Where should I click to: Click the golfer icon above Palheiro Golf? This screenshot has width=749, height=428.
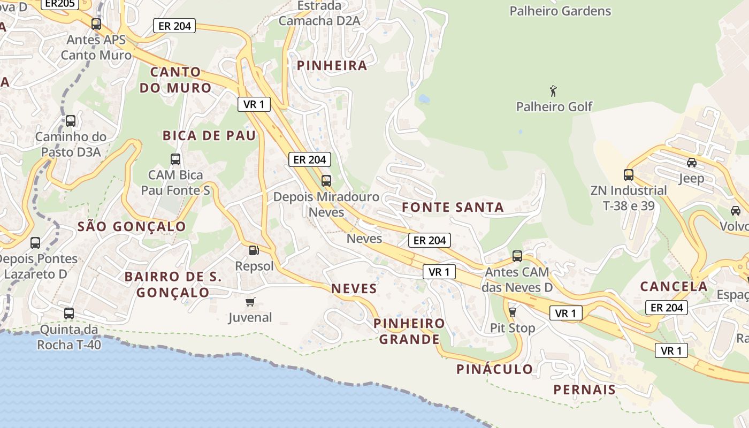click(x=553, y=91)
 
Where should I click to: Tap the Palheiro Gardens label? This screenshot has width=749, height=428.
click(x=560, y=11)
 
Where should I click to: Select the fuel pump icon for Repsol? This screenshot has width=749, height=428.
click(x=254, y=250)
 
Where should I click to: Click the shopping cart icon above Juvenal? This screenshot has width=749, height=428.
click(x=250, y=302)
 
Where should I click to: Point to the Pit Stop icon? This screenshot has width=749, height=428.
click(x=512, y=312)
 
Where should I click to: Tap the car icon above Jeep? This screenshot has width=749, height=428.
click(x=691, y=163)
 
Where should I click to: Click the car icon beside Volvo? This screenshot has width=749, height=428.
click(x=736, y=211)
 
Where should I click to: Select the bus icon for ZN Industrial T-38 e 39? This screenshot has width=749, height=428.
click(x=628, y=174)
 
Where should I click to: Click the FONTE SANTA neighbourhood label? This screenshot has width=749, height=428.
click(x=453, y=208)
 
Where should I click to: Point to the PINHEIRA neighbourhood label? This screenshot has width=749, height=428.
click(x=332, y=66)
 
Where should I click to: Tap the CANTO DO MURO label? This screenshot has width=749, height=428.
click(x=175, y=80)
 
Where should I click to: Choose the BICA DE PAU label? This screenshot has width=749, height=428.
click(x=210, y=136)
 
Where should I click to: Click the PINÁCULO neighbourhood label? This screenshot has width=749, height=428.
click(x=494, y=369)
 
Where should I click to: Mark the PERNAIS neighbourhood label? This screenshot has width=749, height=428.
click(x=584, y=389)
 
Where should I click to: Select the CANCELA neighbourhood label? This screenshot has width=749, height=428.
click(x=674, y=286)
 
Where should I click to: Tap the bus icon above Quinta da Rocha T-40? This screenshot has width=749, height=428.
click(x=69, y=314)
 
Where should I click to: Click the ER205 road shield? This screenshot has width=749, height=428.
click(x=59, y=3)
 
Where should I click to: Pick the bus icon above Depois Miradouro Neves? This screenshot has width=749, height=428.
click(x=326, y=181)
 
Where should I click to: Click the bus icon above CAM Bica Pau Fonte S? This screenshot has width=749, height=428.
click(x=175, y=159)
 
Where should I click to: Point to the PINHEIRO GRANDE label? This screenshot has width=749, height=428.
click(x=409, y=331)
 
